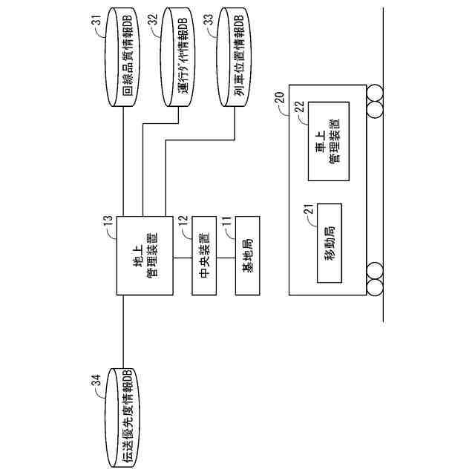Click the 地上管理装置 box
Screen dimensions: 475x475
(146, 257)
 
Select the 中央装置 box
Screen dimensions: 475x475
(205, 257)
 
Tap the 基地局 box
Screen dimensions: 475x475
(248, 257)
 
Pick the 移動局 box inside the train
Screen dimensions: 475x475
(328, 242)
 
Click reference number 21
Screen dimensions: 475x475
(309, 210)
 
